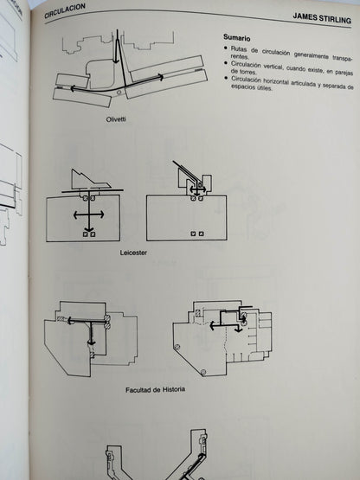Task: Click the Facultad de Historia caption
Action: (x=155, y=389)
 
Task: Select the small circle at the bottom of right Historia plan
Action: (x=201, y=371)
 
